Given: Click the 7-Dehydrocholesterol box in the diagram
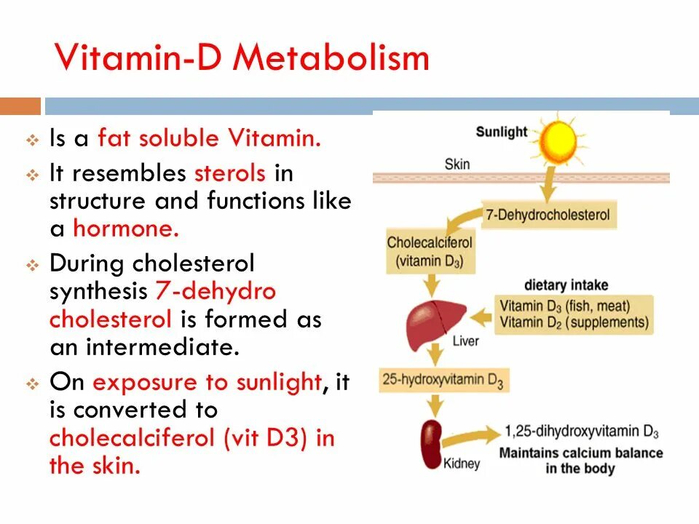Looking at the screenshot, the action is [548, 215].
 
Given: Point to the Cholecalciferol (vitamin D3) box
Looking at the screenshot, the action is [430, 252].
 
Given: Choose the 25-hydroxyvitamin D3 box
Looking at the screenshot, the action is [443, 380].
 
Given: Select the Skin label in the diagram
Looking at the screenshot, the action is [457, 163].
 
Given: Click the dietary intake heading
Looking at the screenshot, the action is [566, 285].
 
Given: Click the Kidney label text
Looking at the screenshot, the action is [462, 463].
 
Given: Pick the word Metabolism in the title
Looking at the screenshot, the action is [331, 57].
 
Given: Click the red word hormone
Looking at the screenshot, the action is [125, 229].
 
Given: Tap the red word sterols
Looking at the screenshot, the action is [231, 174].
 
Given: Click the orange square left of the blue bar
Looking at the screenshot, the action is [20, 106].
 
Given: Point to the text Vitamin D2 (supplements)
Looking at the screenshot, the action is [573, 322].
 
